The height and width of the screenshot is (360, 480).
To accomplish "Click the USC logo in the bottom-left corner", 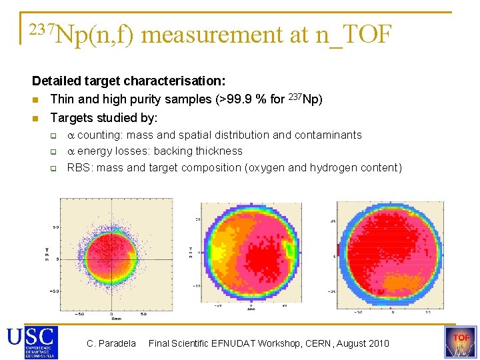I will click(32, 342).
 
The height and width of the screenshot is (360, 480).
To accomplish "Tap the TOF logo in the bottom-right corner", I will click(461, 342).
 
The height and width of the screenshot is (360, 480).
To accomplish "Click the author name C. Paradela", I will click(111, 343).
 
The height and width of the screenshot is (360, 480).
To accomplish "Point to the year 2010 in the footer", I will click(377, 343).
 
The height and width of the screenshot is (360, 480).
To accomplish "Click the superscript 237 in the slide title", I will click(39, 27).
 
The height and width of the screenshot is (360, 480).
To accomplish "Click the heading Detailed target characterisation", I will click(129, 81).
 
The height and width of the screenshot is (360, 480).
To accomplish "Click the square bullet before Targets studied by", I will click(37, 119).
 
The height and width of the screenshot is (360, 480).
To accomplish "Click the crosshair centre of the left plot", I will click(111, 259).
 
